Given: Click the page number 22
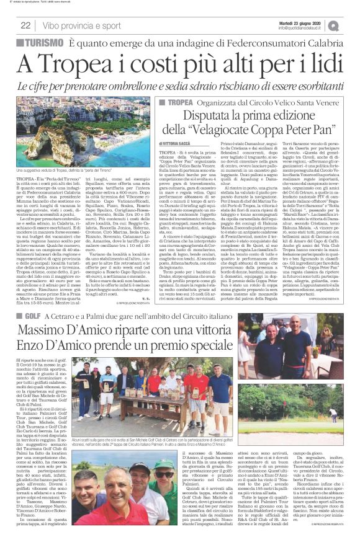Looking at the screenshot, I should pos(25,25).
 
